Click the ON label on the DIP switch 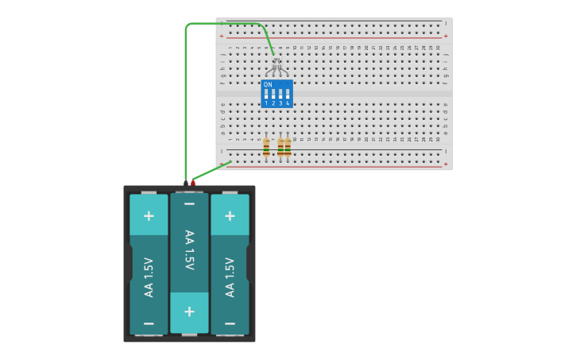[268, 84]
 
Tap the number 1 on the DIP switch [266, 103]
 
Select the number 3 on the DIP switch [280, 103]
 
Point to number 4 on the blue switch [288, 103]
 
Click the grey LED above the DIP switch [276, 63]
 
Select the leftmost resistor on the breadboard [266, 147]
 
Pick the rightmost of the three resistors [288, 147]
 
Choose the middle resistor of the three [280, 147]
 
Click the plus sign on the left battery [149, 215]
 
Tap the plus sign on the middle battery [189, 311]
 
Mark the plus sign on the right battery [230, 215]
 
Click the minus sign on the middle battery [189, 204]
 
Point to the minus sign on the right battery [230, 323]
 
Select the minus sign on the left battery [149, 323]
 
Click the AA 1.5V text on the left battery [149, 277]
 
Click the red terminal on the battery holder [193, 184]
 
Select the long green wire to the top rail [186, 95]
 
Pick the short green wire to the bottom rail [211, 172]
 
